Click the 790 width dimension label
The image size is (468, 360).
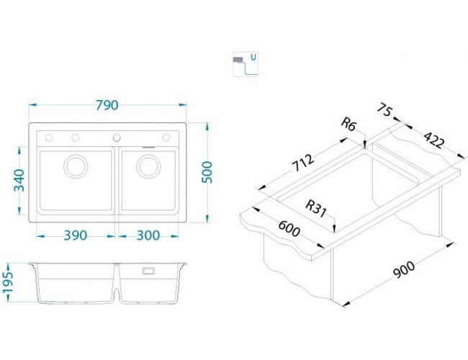[107, 105]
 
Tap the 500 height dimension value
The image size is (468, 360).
[207, 172]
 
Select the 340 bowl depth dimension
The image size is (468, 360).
[19, 180]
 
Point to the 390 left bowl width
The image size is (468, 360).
[76, 235]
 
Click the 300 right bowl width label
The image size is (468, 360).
[148, 235]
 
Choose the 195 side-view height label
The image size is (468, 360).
[7, 282]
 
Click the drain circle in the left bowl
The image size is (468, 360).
[76, 166]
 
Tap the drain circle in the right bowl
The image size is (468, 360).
[148, 166]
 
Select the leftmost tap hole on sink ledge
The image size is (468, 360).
[49, 138]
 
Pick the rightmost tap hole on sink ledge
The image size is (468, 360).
[166, 138]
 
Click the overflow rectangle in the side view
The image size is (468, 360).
[148, 271]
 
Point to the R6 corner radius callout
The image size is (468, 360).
[349, 124]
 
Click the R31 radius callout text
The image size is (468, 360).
[316, 208]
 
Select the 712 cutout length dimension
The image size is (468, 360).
[302, 163]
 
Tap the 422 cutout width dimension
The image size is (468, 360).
[434, 140]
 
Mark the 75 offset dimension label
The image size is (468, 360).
[384, 109]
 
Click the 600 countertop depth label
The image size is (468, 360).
[289, 228]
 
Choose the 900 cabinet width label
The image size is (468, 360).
[403, 269]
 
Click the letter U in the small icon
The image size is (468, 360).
[253, 57]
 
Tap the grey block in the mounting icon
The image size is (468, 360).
[238, 60]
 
